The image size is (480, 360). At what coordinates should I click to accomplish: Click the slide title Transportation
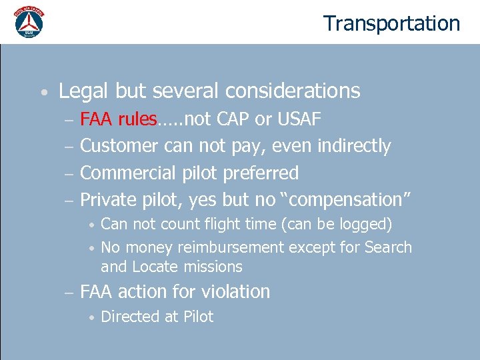391,23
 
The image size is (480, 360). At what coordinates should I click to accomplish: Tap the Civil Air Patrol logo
29,22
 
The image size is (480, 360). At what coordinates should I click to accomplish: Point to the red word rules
138,119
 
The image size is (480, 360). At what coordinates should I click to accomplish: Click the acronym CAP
233,119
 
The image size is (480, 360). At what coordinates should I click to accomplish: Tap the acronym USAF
298,119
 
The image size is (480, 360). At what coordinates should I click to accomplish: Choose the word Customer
119,146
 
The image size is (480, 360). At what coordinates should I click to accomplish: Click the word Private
108,200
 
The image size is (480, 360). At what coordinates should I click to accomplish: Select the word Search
388,248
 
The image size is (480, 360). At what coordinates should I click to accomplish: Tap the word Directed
130,317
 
